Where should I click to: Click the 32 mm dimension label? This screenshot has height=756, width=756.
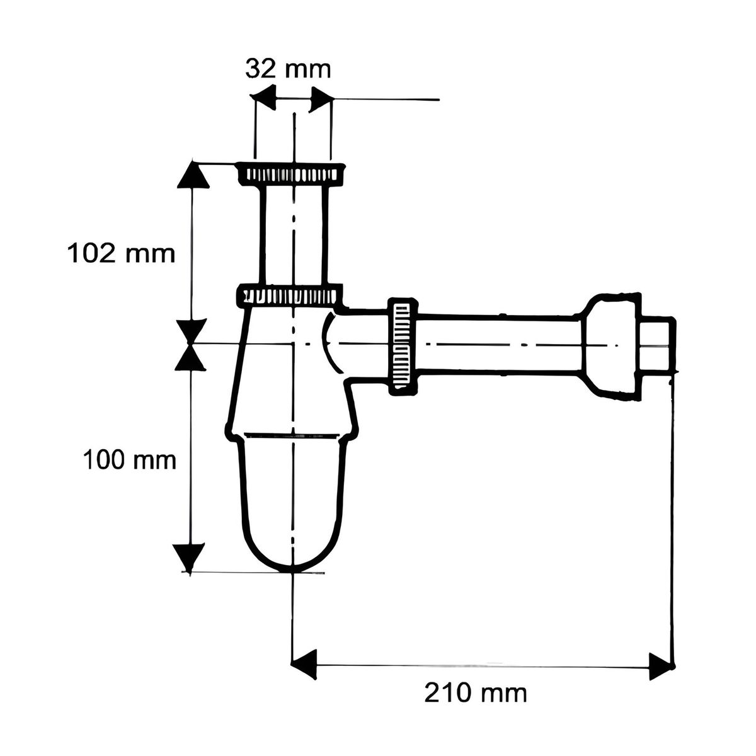[288, 69]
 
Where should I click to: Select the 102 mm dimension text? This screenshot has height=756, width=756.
[120, 254]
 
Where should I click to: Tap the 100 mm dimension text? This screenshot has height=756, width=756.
[129, 461]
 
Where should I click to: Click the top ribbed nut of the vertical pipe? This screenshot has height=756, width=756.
[291, 173]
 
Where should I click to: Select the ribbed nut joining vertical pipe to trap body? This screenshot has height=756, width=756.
[291, 295]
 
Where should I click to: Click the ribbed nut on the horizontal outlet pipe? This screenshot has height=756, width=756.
[401, 346]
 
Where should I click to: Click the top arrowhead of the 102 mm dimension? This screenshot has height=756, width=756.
[192, 175]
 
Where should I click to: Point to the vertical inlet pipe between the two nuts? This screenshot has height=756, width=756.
[294, 233]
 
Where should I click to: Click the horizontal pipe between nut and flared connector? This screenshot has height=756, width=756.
[498, 345]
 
